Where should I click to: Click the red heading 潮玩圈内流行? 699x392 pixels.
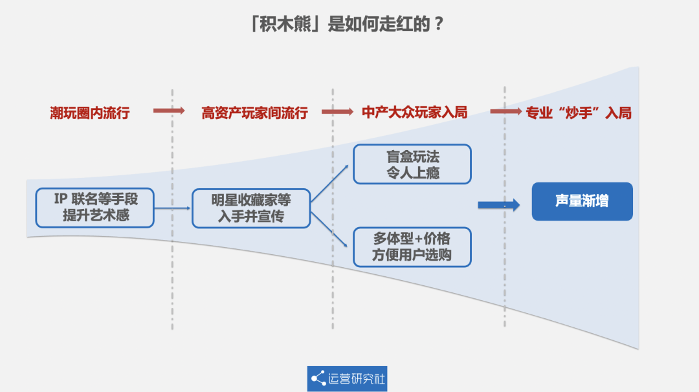(90, 113)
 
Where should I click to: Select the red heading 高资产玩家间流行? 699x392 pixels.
(254, 113)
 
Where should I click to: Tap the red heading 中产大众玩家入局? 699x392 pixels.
(414, 113)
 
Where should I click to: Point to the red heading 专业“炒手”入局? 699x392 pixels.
(578, 113)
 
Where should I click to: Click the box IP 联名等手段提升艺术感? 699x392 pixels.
(95, 208)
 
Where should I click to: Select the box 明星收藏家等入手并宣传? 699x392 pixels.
(251, 208)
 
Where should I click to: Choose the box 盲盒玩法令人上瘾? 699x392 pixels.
(412, 164)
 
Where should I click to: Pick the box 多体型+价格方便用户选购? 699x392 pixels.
(412, 246)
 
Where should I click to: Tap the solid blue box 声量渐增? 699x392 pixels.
(582, 201)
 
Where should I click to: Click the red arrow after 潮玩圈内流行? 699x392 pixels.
(170, 111)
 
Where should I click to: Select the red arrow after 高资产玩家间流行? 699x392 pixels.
(337, 112)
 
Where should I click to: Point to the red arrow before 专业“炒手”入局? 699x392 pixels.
(505, 111)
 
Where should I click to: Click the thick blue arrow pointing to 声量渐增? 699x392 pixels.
(498, 205)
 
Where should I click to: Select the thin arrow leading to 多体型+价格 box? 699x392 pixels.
(330, 227)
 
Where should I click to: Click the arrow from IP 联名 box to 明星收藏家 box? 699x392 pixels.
(173, 208)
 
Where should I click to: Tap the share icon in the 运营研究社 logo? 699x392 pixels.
(318, 378)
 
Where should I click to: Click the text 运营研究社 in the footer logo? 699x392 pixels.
(357, 378)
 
